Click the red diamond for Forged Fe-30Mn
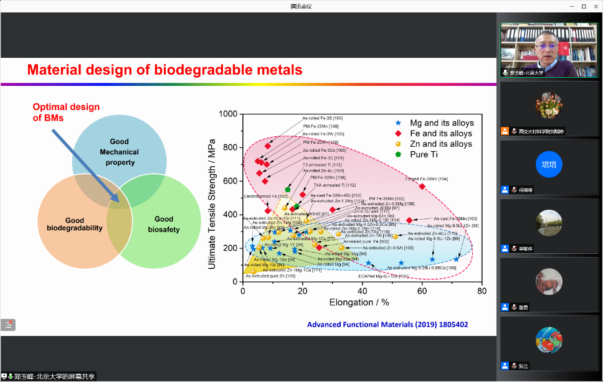(x=422, y=186)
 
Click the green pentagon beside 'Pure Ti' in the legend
(x=397, y=154)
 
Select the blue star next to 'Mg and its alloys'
(x=397, y=123)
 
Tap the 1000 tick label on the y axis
(x=229, y=114)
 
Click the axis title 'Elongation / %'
(x=359, y=302)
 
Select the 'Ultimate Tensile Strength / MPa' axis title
(x=212, y=198)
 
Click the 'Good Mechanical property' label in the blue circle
(x=119, y=152)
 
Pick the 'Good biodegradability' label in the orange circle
(x=75, y=224)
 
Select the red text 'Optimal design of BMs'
(x=65, y=113)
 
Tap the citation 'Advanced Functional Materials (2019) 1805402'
(x=387, y=325)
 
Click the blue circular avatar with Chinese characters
(x=549, y=164)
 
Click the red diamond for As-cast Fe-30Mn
(x=409, y=220)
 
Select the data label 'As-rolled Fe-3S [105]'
(x=323, y=118)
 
